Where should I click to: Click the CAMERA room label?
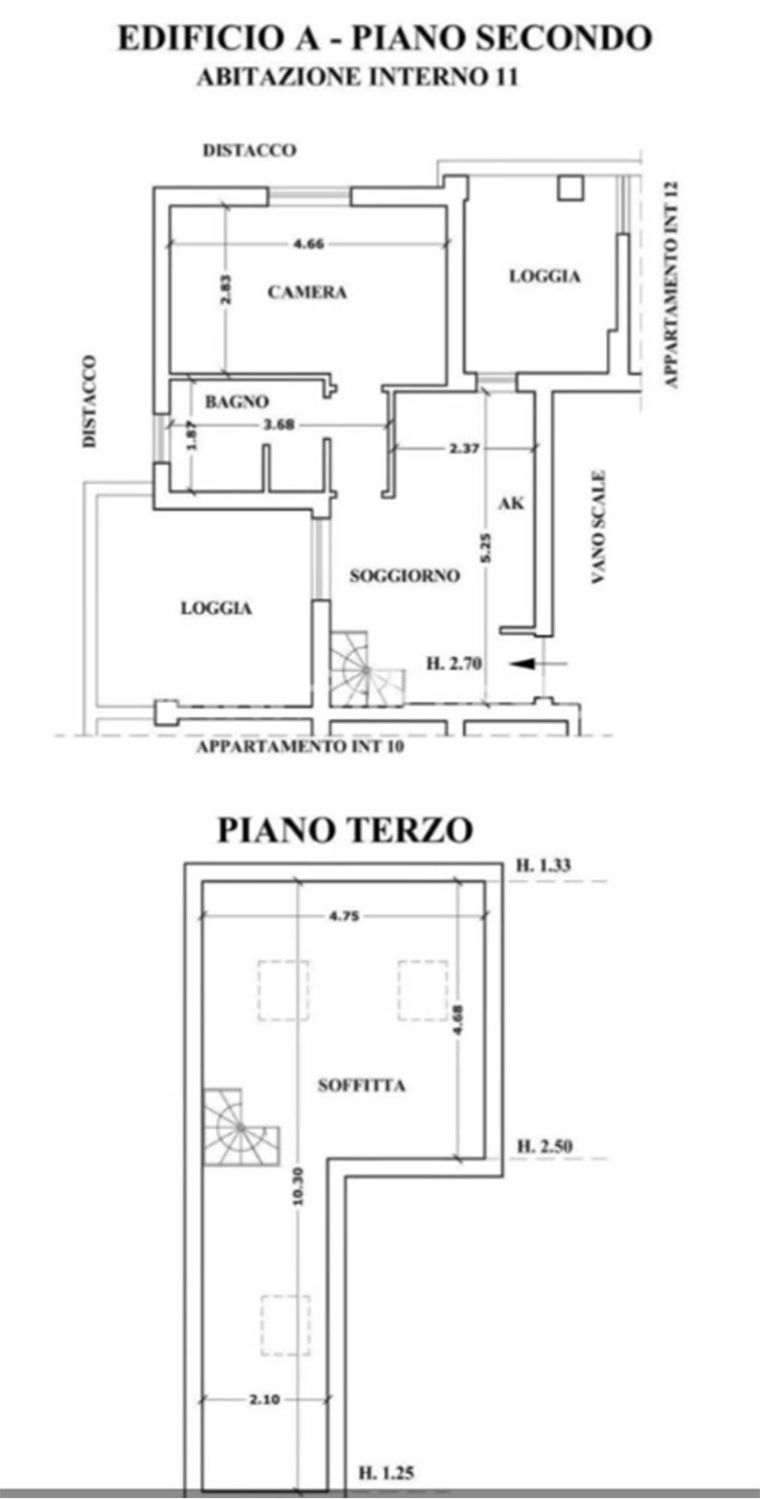pyautogui.click(x=307, y=292)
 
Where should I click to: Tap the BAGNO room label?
pyautogui.click(x=237, y=402)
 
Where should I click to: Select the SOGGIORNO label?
pyautogui.click(x=405, y=576)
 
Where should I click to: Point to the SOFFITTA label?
pyautogui.click(x=361, y=1085)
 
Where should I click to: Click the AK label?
pyautogui.click(x=511, y=503)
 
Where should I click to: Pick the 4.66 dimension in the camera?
pyautogui.click(x=308, y=244)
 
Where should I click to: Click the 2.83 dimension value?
pyautogui.click(x=226, y=289)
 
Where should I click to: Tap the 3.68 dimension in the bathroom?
pyautogui.click(x=279, y=424)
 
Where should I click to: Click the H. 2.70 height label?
pyautogui.click(x=454, y=663)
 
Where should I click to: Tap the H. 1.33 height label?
pyautogui.click(x=543, y=866)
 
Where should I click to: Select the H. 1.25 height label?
pyautogui.click(x=386, y=1473)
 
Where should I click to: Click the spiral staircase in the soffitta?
pyautogui.click(x=240, y=1127)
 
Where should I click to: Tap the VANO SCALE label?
pyautogui.click(x=598, y=528)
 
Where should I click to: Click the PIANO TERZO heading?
pyautogui.click(x=346, y=830)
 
